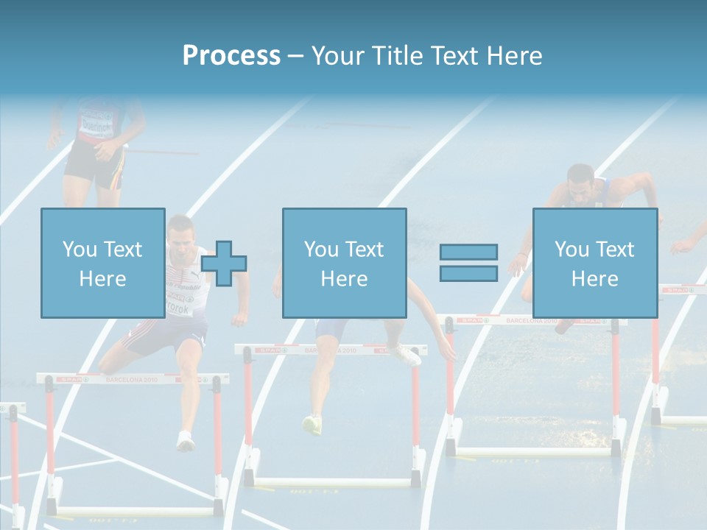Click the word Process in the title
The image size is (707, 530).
tap(231, 56)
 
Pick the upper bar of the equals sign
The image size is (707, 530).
tap(468, 252)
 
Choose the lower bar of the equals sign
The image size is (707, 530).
tap(468, 274)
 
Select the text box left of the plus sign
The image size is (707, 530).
tap(102, 263)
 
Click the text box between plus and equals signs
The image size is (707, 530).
tap(344, 263)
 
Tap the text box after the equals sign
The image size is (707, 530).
tap(594, 263)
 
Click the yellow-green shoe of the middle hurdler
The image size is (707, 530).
tap(312, 424)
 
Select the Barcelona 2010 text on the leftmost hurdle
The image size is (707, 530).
tap(132, 379)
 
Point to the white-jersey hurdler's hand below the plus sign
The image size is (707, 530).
tap(239, 319)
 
